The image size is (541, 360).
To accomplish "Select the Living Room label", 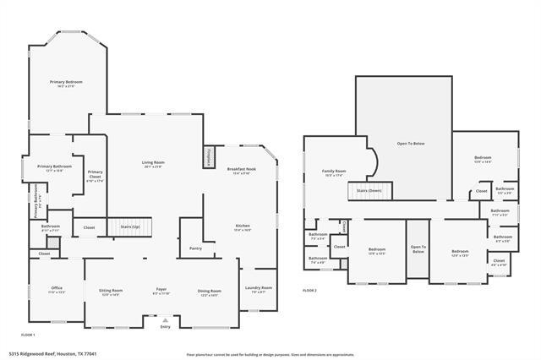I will (x=153, y=165).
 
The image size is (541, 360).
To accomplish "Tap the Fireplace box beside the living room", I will (x=210, y=157).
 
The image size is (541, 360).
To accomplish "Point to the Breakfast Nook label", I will (x=241, y=171).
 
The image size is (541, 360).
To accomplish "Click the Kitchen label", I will (x=243, y=227).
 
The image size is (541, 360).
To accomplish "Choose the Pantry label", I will (x=195, y=248).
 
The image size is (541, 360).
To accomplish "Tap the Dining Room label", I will (x=209, y=292).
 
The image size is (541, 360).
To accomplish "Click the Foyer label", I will (x=161, y=292).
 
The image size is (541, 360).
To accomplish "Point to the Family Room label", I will (x=334, y=173).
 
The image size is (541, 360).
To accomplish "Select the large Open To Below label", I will (x=411, y=144).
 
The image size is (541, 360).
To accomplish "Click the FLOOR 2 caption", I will (x=309, y=290).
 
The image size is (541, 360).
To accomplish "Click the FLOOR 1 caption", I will (x=28, y=335).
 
